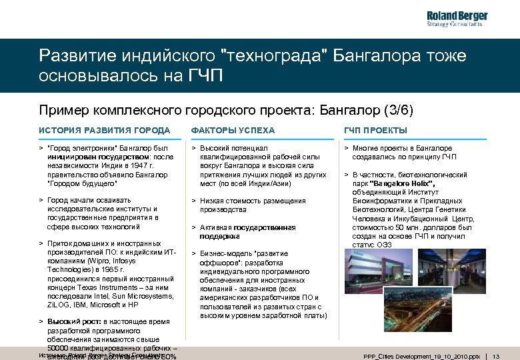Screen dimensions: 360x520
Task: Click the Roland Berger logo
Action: pos(457,19)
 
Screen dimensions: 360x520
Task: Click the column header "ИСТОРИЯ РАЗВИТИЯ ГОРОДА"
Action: pos(104,130)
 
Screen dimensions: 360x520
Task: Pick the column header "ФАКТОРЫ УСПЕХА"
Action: pos(233,130)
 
